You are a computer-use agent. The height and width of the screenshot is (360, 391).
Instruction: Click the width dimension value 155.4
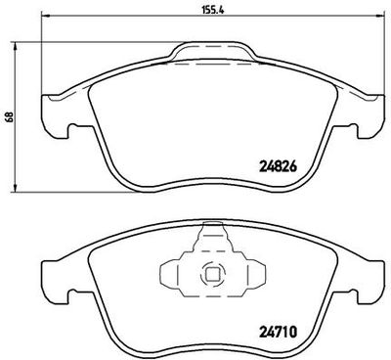coord(213,10)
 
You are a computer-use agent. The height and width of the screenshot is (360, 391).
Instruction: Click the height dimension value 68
coord(10,116)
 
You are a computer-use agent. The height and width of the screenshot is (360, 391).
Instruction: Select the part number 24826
coord(279,167)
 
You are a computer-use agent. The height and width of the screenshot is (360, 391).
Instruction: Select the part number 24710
coord(279,333)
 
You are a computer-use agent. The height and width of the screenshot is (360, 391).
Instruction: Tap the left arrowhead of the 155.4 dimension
coord(46,16)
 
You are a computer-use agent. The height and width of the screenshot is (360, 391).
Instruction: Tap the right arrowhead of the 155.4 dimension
coord(380,16)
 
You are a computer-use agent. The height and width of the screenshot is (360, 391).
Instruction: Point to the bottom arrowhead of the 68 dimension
coord(15,188)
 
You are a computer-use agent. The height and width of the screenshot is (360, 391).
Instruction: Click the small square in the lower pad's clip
coord(212,273)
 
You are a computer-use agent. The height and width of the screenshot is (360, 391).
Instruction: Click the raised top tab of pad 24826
coord(212,50)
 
